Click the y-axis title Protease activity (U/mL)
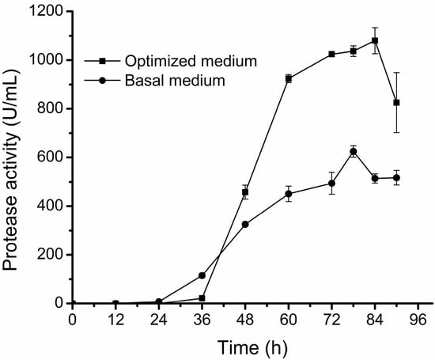[13, 157]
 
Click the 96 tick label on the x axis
[418, 319]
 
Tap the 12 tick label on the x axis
[115, 319]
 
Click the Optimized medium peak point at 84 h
[375, 40]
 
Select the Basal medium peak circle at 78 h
[354, 151]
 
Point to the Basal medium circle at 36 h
[202, 275]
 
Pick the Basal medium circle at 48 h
[245, 224]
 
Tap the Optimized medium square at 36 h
[202, 298]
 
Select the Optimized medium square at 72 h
[331, 55]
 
